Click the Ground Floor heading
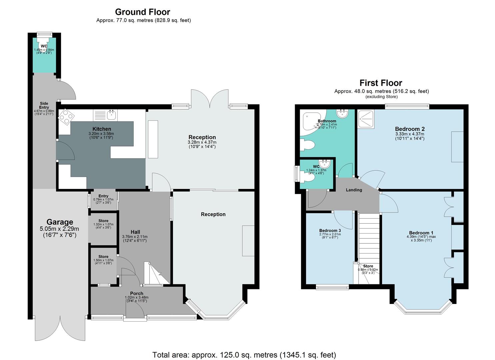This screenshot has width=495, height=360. coord(143,12)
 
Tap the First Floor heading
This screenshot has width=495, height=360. coord(381,83)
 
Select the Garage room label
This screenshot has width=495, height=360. coord(60,222)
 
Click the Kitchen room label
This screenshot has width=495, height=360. coord(102,129)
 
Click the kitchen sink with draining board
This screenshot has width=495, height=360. coord(105,115)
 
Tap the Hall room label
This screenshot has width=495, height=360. coord(135,232)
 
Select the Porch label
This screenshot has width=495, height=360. coord(137,293)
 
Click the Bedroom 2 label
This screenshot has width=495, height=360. coord(410,129)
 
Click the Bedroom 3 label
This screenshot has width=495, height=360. coord(330,231)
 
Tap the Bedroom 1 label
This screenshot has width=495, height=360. coord(421,233)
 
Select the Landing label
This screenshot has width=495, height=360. coord(354,190)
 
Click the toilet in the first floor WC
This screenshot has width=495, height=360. coord(309,179)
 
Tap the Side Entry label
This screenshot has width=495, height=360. coord(44,105)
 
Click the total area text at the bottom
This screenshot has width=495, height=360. coord(244,355)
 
